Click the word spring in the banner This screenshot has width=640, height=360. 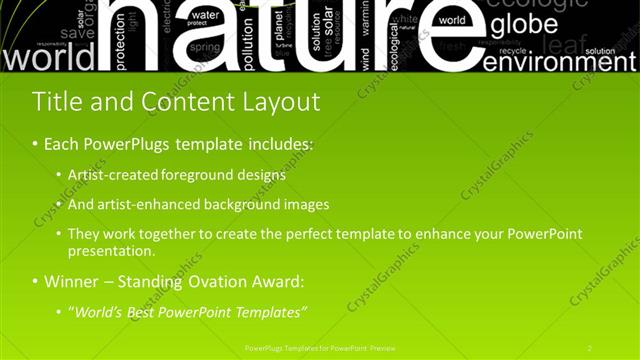coord(205,48)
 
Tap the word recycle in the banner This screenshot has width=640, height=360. coord(512,49)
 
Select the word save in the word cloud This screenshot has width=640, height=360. coord(77,33)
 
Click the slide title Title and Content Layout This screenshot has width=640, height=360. coord(176,102)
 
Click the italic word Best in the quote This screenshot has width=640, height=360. coord(146,312)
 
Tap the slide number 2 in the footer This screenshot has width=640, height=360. coord(590,347)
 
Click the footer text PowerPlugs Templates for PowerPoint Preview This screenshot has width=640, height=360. coord(320,347)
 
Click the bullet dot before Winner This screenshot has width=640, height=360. coord(35,282)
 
